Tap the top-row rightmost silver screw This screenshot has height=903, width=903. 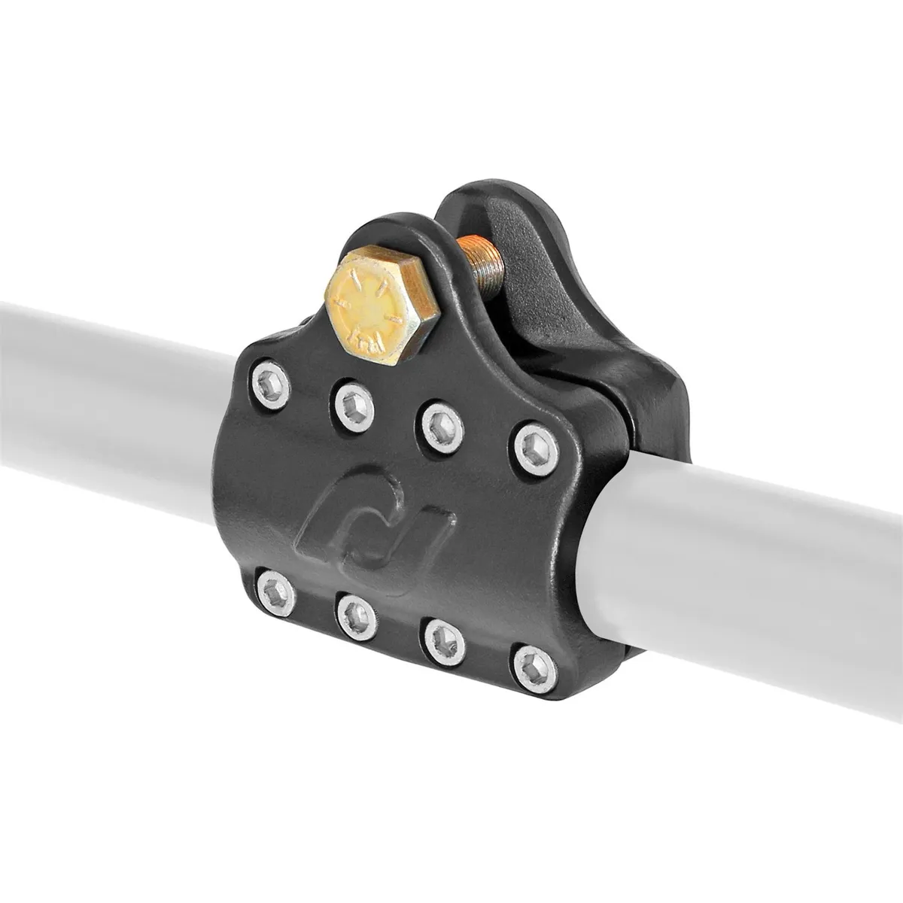pyautogui.click(x=536, y=450)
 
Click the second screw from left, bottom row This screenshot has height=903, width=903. pyautogui.click(x=357, y=616)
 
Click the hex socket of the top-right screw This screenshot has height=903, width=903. pyautogui.click(x=537, y=451)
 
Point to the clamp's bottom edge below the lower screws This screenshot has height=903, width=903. pyautogui.click(x=421, y=670)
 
